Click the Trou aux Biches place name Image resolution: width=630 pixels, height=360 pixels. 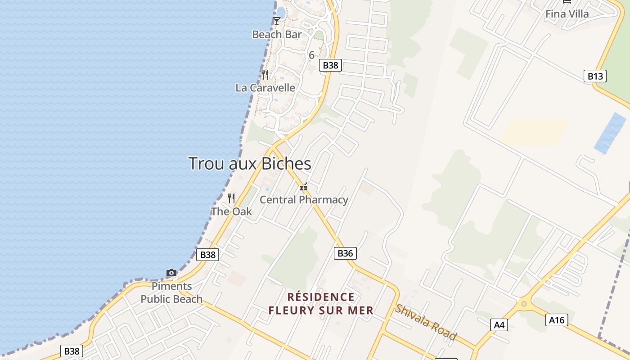click(x=249, y=163)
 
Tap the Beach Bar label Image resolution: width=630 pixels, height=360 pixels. click(x=277, y=34)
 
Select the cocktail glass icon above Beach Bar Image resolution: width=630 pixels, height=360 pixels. click(x=277, y=21)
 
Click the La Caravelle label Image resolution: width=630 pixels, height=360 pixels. click(x=265, y=88)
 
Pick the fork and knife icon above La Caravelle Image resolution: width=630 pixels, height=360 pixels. click(x=265, y=75)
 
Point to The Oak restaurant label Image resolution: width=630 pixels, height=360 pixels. click(x=231, y=211)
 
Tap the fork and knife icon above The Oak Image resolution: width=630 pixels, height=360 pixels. click(x=231, y=198)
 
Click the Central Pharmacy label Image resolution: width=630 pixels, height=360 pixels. click(x=304, y=199)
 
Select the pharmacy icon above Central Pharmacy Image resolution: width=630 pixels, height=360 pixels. click(x=304, y=187)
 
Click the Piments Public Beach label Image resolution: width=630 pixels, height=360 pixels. click(x=171, y=292)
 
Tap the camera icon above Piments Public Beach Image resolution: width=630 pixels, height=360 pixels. click(x=171, y=273)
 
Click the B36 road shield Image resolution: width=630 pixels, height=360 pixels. click(x=345, y=253)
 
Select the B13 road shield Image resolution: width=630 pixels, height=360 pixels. click(x=595, y=76)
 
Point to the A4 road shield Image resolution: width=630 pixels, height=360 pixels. click(x=499, y=325)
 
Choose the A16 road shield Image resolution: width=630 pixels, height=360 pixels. click(x=557, y=320)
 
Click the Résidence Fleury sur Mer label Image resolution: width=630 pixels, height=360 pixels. click(x=321, y=304)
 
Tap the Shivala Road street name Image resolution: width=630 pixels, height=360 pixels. click(x=426, y=322)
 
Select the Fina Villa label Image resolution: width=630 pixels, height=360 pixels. click(x=567, y=14)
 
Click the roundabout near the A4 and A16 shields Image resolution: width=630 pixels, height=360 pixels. click(x=524, y=304)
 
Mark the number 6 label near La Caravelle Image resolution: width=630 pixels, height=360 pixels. click(x=311, y=55)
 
